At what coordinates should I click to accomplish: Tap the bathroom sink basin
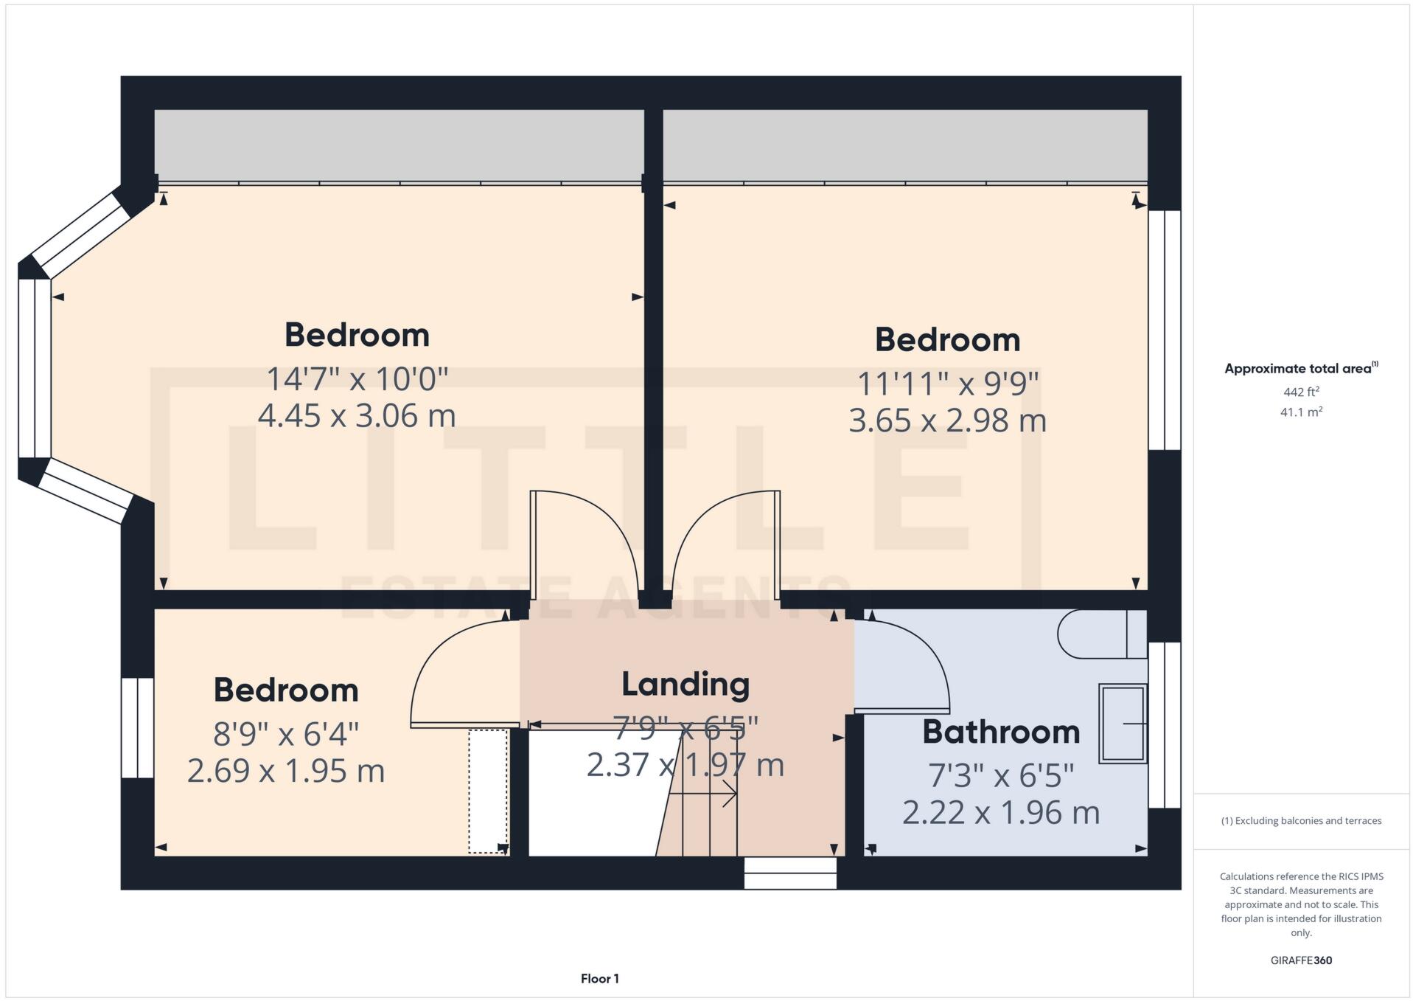[x=1122, y=723]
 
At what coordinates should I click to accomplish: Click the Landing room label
[x=685, y=684]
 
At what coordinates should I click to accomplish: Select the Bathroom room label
[x=1000, y=732]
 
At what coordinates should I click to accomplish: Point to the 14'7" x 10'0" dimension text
[x=357, y=379]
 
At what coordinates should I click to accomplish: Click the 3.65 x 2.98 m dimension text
[x=947, y=420]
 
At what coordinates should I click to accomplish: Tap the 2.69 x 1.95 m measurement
[x=286, y=771]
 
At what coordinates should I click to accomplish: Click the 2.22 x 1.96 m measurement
[x=1000, y=813]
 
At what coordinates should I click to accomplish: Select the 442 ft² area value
[x=1300, y=392]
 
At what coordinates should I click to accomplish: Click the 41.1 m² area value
[x=1300, y=412]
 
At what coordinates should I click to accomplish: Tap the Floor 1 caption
[x=599, y=979]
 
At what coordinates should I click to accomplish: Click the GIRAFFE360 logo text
[x=1301, y=960]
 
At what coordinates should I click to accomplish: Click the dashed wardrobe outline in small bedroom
[x=488, y=791]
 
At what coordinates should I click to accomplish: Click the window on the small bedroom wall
[x=137, y=727]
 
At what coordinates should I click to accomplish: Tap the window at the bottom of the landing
[x=789, y=873]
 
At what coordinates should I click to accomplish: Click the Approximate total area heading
[x=1300, y=368]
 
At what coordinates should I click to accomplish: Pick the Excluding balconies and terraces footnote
[x=1300, y=820]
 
